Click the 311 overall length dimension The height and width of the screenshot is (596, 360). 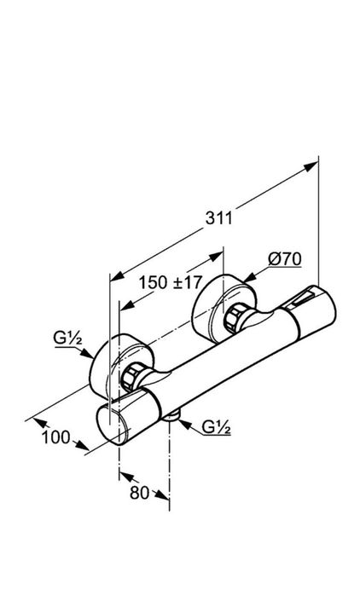tap(218, 218)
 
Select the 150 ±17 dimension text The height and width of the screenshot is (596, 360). tap(170, 282)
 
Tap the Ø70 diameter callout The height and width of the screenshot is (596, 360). tap(285, 259)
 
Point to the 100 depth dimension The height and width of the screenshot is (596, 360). tap(56, 437)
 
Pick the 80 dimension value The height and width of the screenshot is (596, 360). tap(140, 493)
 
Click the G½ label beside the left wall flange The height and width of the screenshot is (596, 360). tap(68, 338)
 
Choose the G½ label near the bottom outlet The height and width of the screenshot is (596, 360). tap(217, 427)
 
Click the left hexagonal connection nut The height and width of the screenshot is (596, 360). tap(131, 376)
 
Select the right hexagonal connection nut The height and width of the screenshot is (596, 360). tap(235, 319)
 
